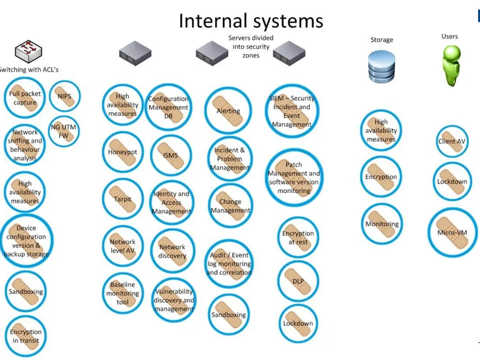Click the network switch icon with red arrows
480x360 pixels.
(29, 52)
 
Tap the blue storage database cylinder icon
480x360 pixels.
(382, 67)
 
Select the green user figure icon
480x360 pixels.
(451, 66)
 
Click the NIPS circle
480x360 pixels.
(65, 96)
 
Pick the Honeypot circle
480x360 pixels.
(122, 152)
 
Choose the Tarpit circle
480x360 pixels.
(122, 199)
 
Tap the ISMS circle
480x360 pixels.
(171, 155)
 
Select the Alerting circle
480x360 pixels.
(228, 111)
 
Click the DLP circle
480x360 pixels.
(298, 281)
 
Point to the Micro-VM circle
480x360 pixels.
(452, 232)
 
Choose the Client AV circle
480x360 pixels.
(452, 141)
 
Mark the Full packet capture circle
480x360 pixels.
(25, 98)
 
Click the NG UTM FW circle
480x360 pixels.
(64, 131)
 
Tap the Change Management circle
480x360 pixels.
(230, 206)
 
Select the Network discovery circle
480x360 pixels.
(172, 251)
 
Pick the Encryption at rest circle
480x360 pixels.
(298, 238)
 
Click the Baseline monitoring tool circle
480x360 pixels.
(122, 293)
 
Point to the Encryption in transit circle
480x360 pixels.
(26, 336)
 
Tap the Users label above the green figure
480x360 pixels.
(450, 36)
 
